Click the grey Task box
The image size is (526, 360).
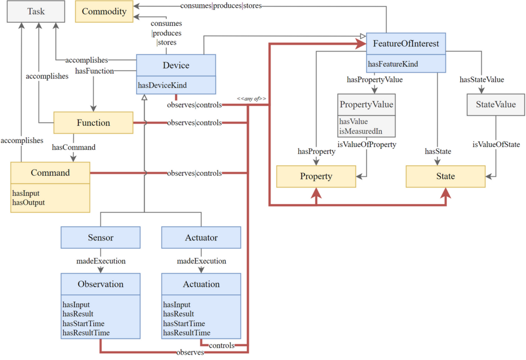pos(36,12)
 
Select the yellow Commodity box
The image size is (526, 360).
pos(104,12)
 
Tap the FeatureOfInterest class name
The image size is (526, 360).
pos(406,44)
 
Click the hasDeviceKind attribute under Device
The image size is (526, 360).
pos(162,85)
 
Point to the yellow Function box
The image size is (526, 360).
pos(93,123)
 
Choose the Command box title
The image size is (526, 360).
pos(50,173)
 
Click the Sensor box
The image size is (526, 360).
pos(100,238)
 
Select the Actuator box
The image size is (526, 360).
pos(201,238)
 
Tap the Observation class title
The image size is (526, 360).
pos(100,284)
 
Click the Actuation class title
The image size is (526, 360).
pos(201,284)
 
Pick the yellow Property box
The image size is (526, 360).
pos(316,176)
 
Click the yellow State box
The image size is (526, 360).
pos(445,176)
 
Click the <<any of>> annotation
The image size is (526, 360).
pos(251,98)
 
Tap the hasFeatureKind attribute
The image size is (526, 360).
pos(393,64)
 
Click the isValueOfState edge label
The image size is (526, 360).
pos(496,144)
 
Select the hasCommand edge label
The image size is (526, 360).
pos(74,147)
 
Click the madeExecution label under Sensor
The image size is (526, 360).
pos(101,261)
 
